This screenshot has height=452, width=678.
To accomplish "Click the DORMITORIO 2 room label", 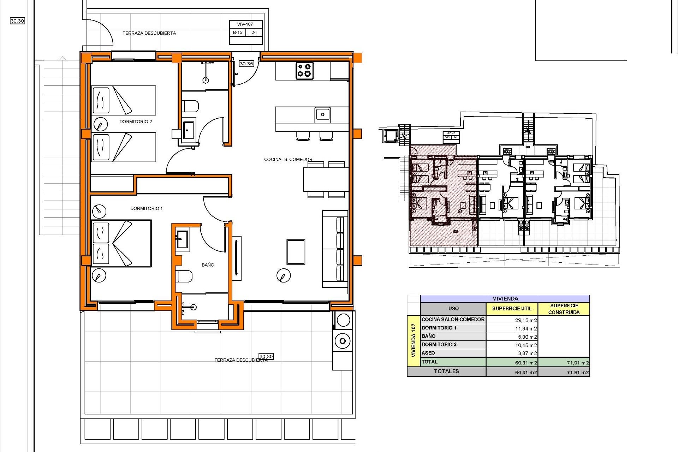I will (x=136, y=121).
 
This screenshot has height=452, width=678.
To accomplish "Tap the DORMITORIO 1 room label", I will (x=146, y=208).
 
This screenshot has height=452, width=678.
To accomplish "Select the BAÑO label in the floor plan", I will (x=208, y=264).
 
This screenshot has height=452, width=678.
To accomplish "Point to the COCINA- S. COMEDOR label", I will (x=288, y=159).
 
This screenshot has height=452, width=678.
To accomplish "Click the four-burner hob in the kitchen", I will (x=304, y=70).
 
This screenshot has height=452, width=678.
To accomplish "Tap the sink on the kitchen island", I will (x=322, y=114).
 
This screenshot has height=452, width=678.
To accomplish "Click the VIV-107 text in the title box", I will (x=245, y=24).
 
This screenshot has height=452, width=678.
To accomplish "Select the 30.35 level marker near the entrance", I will (x=246, y=64).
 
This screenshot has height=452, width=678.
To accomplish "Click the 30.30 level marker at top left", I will (x=17, y=21).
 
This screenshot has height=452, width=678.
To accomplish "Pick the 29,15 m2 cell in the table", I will (x=525, y=320).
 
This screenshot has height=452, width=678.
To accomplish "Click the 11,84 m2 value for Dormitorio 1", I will (x=525, y=328).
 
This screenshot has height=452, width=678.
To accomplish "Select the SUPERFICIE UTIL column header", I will (x=512, y=308).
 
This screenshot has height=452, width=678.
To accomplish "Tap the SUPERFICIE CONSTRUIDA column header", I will (x=564, y=309).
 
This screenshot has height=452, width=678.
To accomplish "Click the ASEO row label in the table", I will (x=428, y=353).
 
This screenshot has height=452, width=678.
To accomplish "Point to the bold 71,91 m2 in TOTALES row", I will (x=578, y=372).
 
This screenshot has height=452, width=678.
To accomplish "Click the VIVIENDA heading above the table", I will (x=505, y=298).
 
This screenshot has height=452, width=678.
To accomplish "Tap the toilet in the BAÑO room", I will (x=184, y=276).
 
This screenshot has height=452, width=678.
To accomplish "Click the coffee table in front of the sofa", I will (x=296, y=252).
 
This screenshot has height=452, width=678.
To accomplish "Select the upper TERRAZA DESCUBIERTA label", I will (x=149, y=33).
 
